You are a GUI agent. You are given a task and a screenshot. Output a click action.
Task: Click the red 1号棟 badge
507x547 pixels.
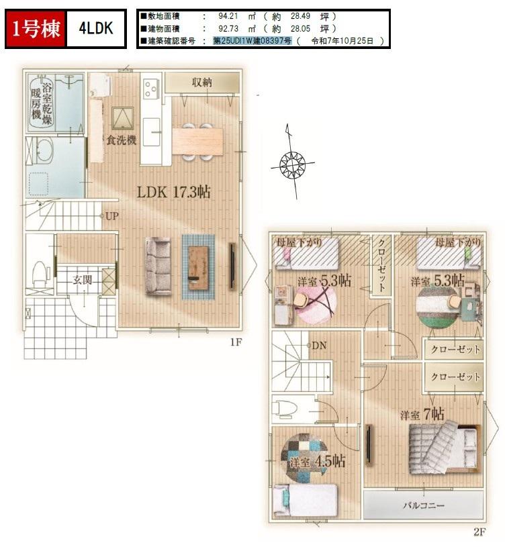(x=35, y=29)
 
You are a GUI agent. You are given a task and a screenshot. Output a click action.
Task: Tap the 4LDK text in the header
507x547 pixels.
(x=96, y=28)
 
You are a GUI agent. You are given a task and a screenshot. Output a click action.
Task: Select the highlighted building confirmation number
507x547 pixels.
(x=252, y=41)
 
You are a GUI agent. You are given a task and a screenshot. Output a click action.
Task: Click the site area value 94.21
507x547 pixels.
(x=228, y=16)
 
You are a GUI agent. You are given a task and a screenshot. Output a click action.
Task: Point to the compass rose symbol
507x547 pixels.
(x=292, y=163)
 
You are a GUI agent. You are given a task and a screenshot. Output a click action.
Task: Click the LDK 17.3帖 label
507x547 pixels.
(x=173, y=192)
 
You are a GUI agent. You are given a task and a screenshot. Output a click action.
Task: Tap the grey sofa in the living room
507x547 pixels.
(x=158, y=266)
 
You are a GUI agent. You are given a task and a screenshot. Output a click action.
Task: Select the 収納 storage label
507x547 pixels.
(x=201, y=83)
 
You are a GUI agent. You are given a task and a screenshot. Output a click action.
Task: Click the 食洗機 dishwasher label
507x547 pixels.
(x=121, y=140)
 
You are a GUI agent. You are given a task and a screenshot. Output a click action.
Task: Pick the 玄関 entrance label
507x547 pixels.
(x=82, y=280)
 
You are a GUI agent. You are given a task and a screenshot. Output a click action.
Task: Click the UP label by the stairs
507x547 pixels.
(x=111, y=216)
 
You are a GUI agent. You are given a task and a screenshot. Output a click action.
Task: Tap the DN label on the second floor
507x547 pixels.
(x=319, y=346)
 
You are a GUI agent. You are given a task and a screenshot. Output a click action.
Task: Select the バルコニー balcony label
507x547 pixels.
(x=424, y=505)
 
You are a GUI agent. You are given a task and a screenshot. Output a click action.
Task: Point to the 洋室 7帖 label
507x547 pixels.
(x=422, y=414)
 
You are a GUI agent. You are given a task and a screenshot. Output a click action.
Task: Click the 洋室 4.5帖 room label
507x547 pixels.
(x=318, y=461)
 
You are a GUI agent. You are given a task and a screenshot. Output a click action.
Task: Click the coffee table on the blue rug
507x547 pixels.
(x=198, y=268)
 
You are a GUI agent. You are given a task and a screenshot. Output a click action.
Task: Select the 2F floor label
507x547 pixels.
(x=479, y=532)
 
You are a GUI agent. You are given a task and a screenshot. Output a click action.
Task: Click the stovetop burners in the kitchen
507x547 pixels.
(x=152, y=89)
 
